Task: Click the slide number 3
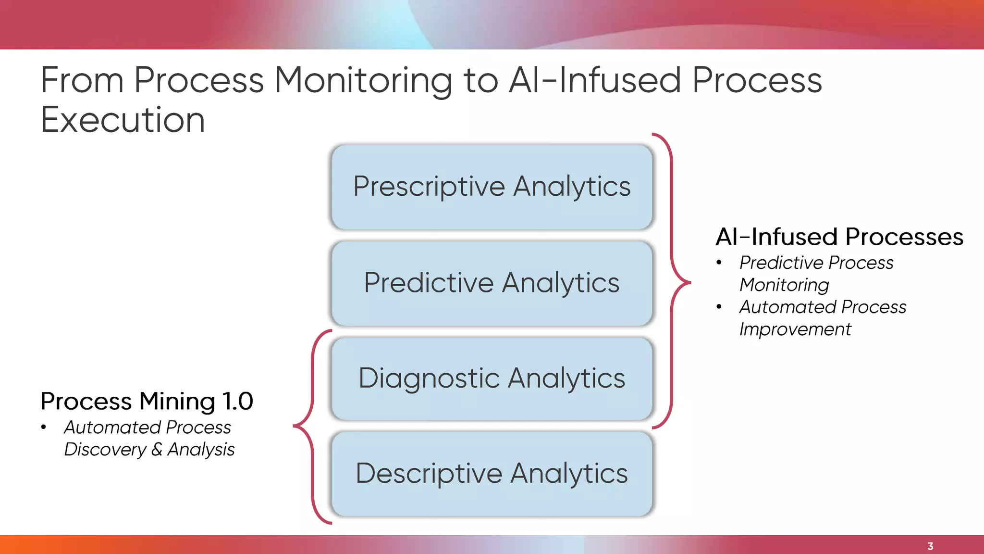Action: click(930, 546)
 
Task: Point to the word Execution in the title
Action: click(123, 120)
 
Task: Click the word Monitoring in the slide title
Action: click(363, 80)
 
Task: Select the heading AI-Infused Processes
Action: click(839, 237)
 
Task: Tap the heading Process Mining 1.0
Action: click(147, 401)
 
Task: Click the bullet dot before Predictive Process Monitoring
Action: click(719, 263)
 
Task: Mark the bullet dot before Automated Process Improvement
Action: click(719, 307)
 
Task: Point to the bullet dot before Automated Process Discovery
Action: click(44, 427)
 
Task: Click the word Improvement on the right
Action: click(795, 329)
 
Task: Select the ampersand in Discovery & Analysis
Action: click(157, 450)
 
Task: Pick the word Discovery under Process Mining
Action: click(105, 450)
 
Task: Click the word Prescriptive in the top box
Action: click(429, 187)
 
